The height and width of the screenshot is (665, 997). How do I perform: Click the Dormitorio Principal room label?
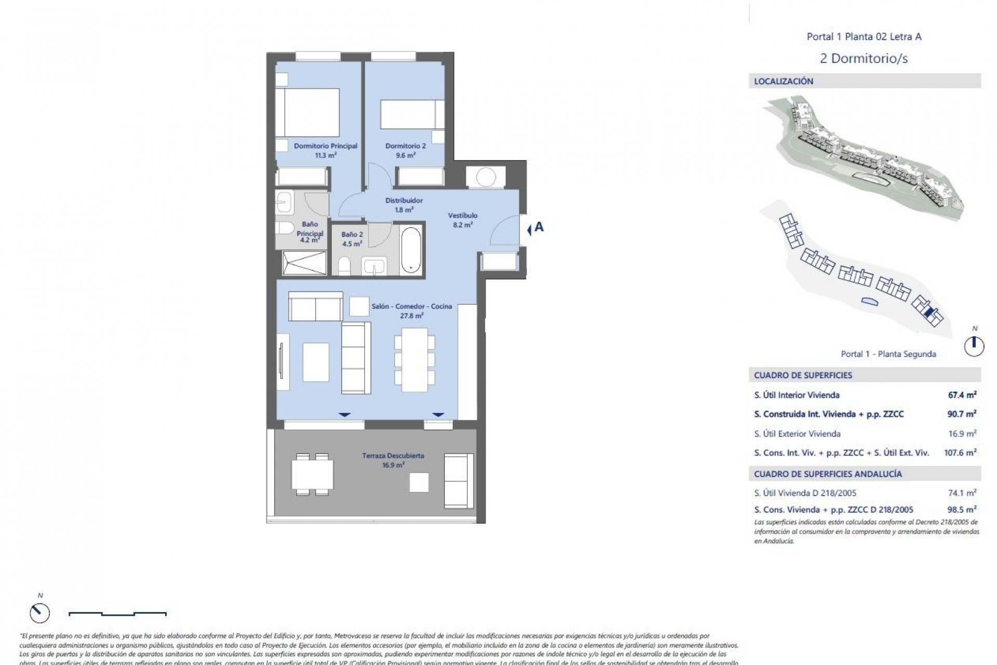(x=326, y=146)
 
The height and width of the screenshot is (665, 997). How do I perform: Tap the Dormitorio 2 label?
(x=406, y=146)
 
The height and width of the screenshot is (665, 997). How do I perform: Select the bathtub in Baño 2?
(x=411, y=249)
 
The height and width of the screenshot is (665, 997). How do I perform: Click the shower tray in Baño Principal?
(x=304, y=262)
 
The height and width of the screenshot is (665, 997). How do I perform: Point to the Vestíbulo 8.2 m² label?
(x=463, y=220)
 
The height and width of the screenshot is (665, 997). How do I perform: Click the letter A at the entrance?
(x=539, y=227)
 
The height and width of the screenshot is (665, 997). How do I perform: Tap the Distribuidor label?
(x=404, y=201)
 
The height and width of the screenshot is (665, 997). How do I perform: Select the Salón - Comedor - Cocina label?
(x=412, y=307)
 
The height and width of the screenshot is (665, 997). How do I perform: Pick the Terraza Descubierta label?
(x=393, y=456)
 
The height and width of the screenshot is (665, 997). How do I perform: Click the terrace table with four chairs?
(x=312, y=474)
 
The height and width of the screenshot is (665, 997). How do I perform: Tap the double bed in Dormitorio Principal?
(x=307, y=113)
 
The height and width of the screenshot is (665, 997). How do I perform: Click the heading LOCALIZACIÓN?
(x=784, y=81)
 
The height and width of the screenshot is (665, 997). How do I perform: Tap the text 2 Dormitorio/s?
(x=864, y=58)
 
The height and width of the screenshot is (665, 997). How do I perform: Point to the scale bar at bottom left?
(x=118, y=614)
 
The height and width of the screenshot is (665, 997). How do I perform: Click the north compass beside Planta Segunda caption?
(x=974, y=345)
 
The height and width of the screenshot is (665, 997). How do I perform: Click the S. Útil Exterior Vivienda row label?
(x=797, y=433)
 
